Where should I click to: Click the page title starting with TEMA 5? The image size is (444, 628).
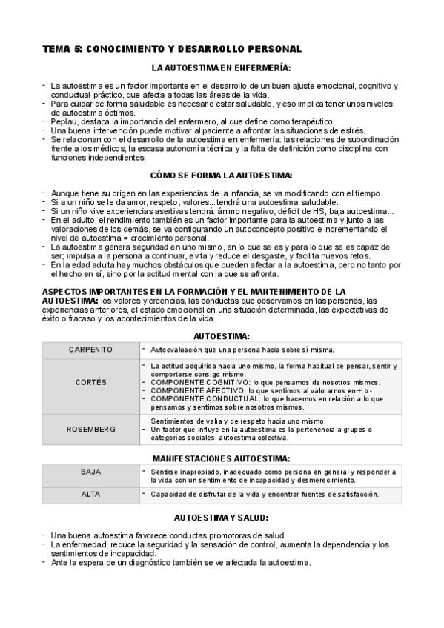point(171,49)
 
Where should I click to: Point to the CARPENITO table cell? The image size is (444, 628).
point(90,349)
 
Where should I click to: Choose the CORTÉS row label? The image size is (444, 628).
point(90,382)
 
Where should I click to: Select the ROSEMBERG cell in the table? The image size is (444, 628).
point(90,429)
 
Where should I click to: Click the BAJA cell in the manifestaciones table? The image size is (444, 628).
point(90,471)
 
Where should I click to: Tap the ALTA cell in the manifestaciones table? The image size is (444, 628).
point(90,494)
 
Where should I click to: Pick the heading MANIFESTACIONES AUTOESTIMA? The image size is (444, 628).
point(221,458)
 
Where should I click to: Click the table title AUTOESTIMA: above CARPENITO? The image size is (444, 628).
point(221,336)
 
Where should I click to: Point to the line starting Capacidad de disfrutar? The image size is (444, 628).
point(264,494)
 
